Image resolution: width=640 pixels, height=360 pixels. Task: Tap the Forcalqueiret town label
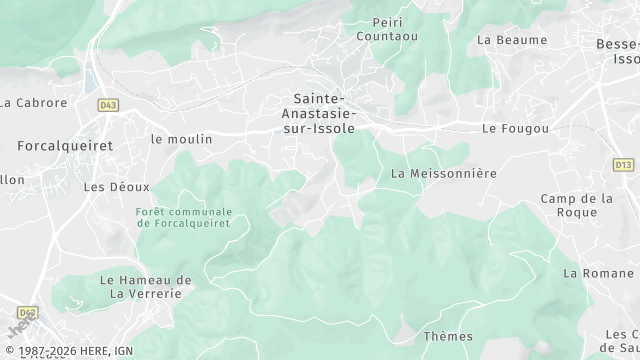pos(65,145)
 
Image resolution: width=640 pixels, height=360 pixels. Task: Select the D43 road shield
pos(108,104)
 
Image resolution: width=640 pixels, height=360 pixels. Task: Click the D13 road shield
pos(624,163)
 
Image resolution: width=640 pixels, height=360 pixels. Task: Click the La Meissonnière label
pos(444,173)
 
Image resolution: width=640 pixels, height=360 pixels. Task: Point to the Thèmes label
pos(448,336)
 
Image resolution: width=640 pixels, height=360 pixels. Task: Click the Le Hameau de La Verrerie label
pos(147,286)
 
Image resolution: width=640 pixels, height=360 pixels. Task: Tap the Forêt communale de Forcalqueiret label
pos(184,217)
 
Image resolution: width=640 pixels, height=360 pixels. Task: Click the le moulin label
pos(181,139)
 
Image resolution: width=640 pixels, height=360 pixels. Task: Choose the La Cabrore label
pos(33,102)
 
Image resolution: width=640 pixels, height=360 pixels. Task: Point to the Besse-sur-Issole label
pos(617,51)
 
